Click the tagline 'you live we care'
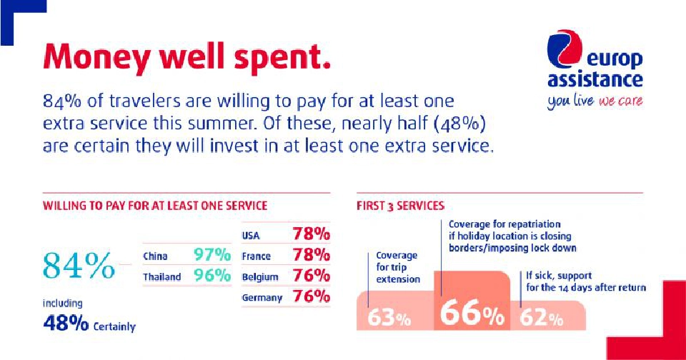pos(595,101)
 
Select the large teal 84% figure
pos(79,266)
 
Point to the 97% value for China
pos(212,255)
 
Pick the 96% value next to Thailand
pos(212,276)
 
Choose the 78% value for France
pos(311,255)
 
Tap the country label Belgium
pos(260,276)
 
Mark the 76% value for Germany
pos(311,297)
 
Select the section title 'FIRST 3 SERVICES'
pos(400,206)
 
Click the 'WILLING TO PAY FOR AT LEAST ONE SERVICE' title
pos(155,206)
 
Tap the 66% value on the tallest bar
pos(472,315)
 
